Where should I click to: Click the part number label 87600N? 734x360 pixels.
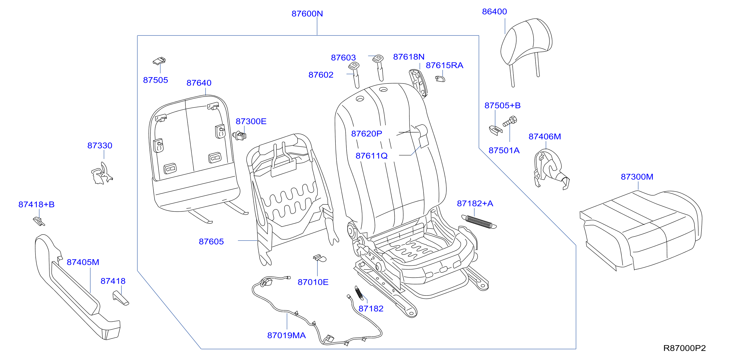pyautogui.click(x=307, y=14)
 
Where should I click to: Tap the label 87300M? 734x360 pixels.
pyautogui.click(x=637, y=177)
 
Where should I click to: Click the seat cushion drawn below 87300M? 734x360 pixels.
pyautogui.click(x=641, y=231)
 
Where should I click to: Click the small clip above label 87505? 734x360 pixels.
pyautogui.click(x=159, y=61)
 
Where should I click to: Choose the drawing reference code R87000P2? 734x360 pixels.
pyautogui.click(x=684, y=348)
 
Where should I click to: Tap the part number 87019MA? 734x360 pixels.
pyautogui.click(x=286, y=335)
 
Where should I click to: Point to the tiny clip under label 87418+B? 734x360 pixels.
pyautogui.click(x=39, y=221)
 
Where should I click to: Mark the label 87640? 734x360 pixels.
pyautogui.click(x=199, y=83)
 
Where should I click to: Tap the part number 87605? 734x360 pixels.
pyautogui.click(x=211, y=242)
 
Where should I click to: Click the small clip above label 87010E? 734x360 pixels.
pyautogui.click(x=320, y=258)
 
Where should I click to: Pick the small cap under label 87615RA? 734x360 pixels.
pyautogui.click(x=440, y=79)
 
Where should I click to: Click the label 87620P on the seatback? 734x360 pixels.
pyautogui.click(x=367, y=134)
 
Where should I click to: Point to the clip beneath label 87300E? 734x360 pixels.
pyautogui.click(x=239, y=135)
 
